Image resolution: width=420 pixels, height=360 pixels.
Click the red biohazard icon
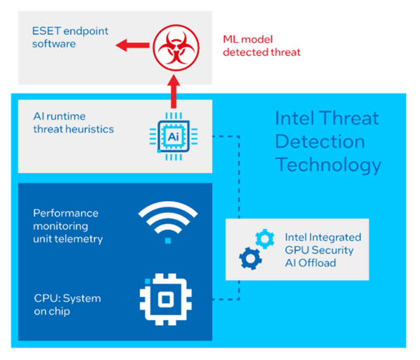(x=176, y=48)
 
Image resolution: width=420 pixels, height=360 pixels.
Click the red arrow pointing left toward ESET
(x=132, y=46)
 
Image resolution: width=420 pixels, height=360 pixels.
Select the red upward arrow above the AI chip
(x=174, y=92)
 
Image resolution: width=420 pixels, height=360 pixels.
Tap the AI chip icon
(x=174, y=137)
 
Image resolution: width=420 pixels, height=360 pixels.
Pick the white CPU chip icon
(x=166, y=300)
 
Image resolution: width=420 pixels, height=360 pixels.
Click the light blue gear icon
(x=265, y=239)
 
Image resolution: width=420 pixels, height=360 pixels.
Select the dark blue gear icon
(x=251, y=258)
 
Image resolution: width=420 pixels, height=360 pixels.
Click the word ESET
(x=46, y=31)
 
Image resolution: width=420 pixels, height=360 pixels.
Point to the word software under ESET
(x=54, y=43)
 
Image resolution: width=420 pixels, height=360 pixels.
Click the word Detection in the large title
(x=320, y=141)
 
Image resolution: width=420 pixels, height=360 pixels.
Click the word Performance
(x=66, y=213)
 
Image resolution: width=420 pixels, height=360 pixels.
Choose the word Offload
(x=317, y=263)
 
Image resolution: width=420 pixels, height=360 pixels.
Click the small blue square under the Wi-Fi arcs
(x=168, y=241)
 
